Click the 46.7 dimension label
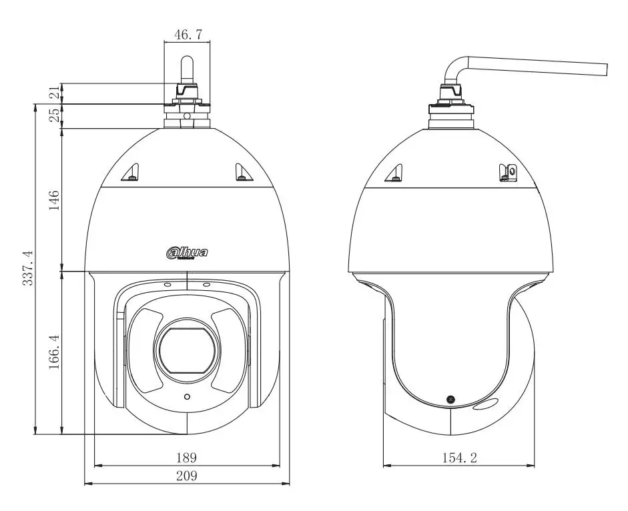point(188,35)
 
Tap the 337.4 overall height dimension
point(27,268)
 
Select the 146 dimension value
point(53,200)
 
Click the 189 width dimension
point(187,457)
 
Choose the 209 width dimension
point(187,476)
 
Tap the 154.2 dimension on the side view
point(459,457)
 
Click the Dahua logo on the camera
point(187,253)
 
